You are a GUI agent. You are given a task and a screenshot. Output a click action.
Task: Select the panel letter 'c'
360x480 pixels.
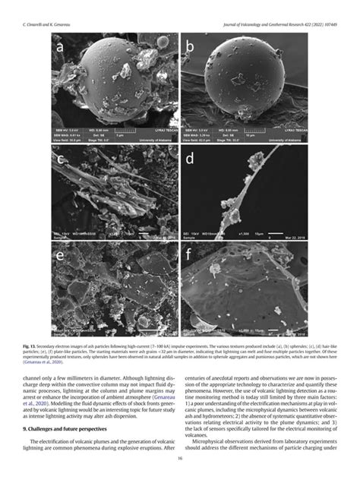[58, 160]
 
